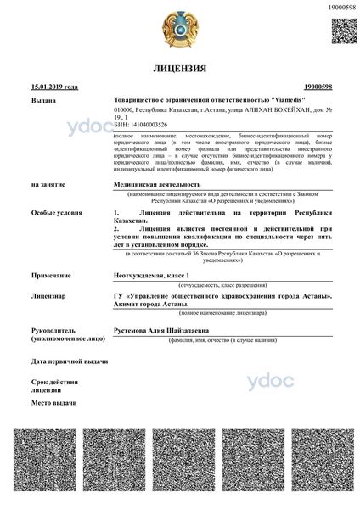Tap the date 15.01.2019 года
[x=54, y=87]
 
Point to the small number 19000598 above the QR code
[x=341, y=7]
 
